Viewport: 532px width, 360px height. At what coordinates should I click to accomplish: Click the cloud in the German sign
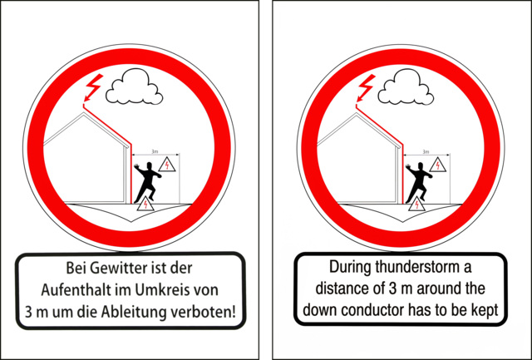click(x=135, y=86)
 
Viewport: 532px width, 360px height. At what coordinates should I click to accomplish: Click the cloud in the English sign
click(x=406, y=86)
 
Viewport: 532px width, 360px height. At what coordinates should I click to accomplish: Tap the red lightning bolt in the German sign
click(x=93, y=87)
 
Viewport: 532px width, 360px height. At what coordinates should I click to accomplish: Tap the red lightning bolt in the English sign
click(x=365, y=87)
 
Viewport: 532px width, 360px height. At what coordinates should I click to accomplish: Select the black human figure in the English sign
click(x=419, y=183)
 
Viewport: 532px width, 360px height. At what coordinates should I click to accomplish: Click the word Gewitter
click(x=116, y=269)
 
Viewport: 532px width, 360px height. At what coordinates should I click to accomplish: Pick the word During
click(x=351, y=268)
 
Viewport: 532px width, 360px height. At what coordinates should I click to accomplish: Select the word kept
click(x=485, y=310)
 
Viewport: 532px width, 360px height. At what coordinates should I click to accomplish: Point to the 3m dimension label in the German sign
click(x=155, y=151)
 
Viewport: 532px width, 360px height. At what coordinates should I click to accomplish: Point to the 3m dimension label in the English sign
click(x=426, y=151)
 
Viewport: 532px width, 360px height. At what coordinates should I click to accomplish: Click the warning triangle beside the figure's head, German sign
click(x=167, y=165)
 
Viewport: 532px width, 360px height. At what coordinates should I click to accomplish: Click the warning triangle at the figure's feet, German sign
click(x=145, y=205)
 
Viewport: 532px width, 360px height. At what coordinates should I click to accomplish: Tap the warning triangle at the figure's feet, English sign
click(x=417, y=205)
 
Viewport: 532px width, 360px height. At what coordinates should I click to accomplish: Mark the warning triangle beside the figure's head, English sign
click(x=438, y=165)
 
